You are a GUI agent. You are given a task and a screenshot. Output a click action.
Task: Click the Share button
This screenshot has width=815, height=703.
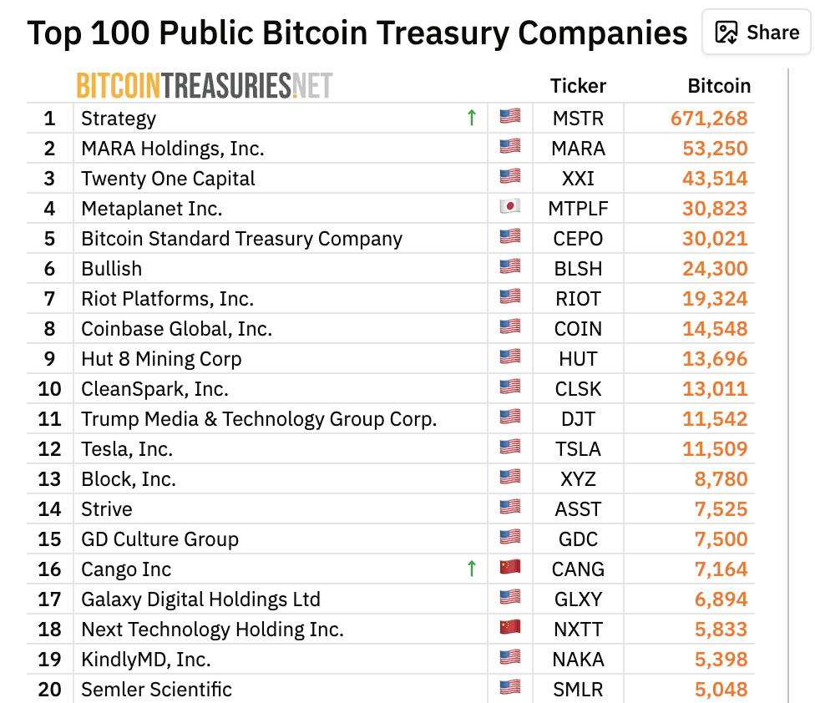757,33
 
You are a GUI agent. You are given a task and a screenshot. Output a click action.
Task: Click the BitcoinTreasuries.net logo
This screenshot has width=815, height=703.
205,85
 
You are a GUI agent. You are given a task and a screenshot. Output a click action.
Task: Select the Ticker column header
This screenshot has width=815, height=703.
578,86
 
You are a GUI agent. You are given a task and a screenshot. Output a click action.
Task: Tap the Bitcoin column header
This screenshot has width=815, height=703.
719,86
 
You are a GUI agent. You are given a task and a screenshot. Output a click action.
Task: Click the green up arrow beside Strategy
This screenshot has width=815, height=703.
472,118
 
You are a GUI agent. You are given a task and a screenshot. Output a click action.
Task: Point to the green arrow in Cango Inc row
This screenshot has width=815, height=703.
472,569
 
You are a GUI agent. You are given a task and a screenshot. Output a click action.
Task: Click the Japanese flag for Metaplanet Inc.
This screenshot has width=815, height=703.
509,207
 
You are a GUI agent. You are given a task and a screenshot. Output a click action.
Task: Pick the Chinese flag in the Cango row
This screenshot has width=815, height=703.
509,568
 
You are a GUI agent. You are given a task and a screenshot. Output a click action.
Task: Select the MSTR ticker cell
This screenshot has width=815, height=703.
578,119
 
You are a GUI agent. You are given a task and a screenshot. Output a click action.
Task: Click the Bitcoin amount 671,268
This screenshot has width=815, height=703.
709,119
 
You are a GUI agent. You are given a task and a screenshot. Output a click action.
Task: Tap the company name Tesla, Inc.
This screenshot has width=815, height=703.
127,449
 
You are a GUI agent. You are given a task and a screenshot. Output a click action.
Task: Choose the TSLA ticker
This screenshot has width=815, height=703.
578,449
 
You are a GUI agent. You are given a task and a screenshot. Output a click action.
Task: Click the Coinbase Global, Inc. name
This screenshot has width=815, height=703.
176,329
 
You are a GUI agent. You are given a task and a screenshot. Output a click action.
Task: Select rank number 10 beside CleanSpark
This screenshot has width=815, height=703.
49,389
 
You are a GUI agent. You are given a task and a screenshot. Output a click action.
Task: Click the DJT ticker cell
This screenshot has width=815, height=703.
578,419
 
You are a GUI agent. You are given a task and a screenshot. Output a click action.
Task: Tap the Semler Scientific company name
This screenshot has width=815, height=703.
156,690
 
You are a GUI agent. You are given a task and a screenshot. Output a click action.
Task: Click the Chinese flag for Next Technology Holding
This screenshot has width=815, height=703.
509,628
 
